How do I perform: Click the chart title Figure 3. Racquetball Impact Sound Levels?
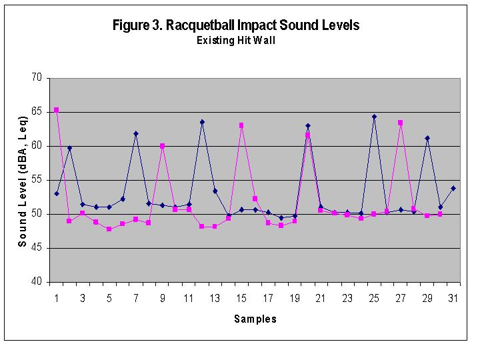[237, 26]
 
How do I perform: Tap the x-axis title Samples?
[255, 319]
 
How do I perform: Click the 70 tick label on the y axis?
[36, 78]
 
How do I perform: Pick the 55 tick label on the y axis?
[36, 180]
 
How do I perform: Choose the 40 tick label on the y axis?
[36, 282]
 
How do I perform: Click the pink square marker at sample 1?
[56, 110]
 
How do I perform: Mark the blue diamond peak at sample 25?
[374, 117]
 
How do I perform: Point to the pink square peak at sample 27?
[400, 123]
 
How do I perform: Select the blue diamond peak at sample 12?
[202, 122]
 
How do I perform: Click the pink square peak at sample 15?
[241, 125]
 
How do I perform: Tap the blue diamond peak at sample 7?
[136, 133]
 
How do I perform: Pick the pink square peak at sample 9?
[162, 146]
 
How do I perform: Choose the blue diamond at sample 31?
[453, 188]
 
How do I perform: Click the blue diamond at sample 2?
[69, 148]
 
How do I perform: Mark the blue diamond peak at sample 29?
[427, 138]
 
